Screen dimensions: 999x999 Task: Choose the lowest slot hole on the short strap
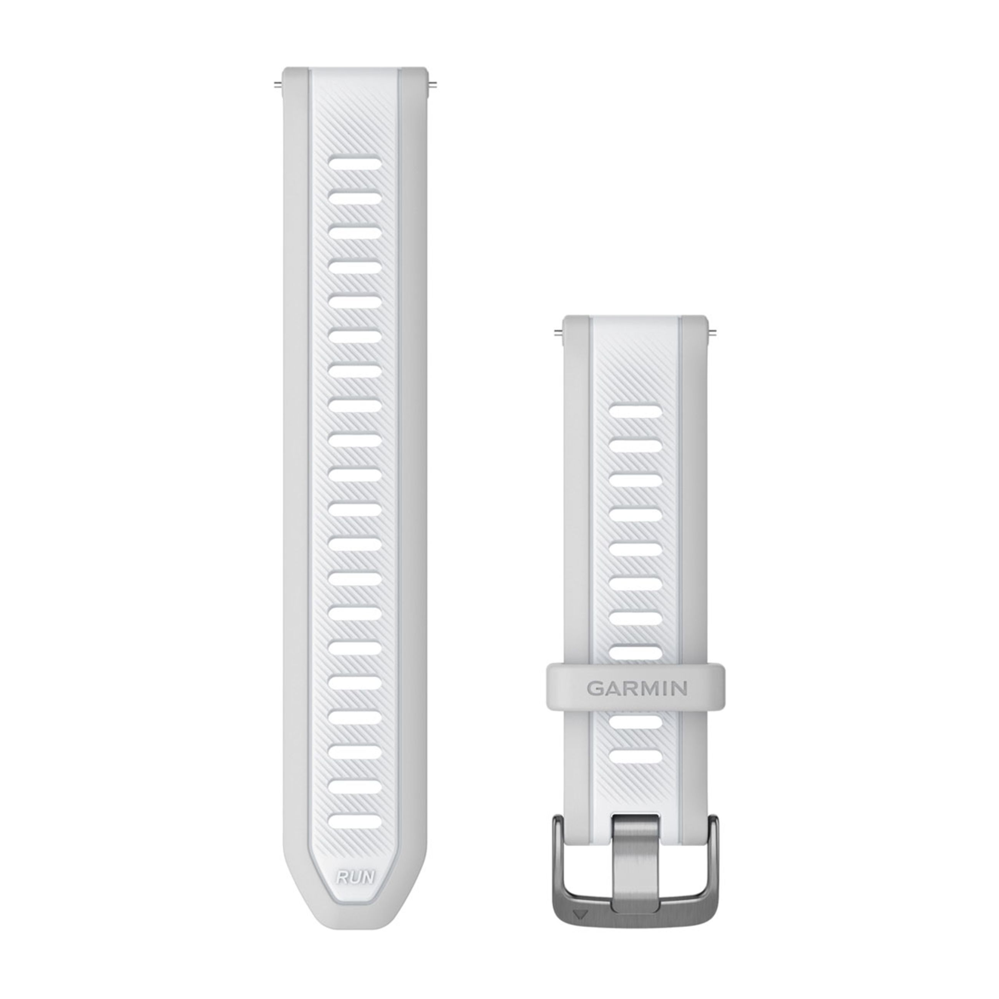[x=637, y=757]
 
